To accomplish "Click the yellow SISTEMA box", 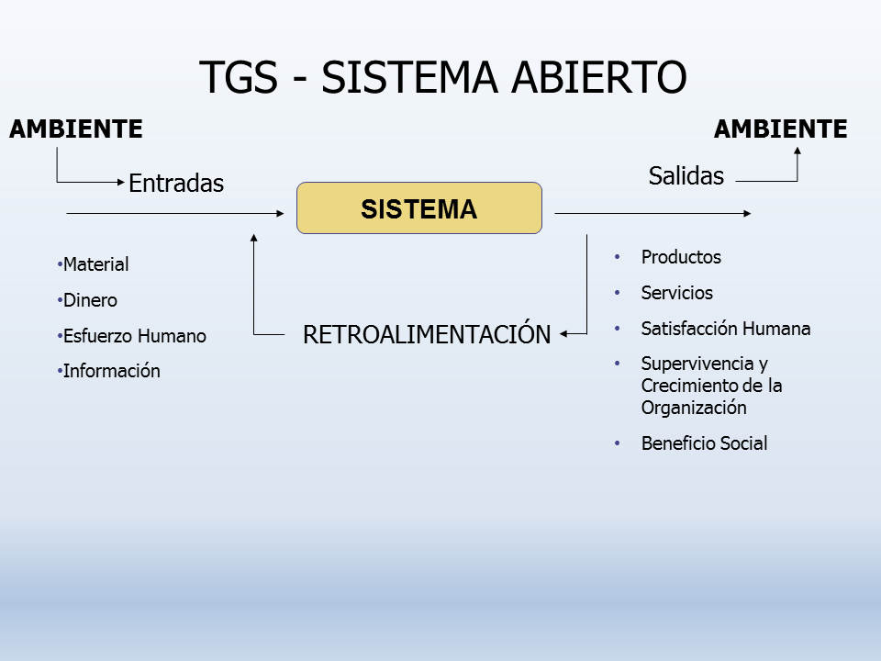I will coord(418,208).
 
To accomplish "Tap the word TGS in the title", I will coord(238,78).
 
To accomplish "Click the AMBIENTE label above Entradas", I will coord(76,129).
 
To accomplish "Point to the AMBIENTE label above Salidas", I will coord(780,129).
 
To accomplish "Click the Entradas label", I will coord(176,184).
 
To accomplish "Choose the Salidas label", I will coord(686,176).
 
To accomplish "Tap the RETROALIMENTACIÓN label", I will coord(427,335).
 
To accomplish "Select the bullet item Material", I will coord(95,264).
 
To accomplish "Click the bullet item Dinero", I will coord(90,300).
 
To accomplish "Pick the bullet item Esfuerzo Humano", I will coord(134,336).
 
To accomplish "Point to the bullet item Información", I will coord(111,371).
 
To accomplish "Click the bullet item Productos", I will coord(681,257).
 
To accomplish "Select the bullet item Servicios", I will coord(677,293).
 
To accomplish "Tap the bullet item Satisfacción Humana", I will coord(725,329).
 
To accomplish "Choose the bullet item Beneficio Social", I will coord(704,443).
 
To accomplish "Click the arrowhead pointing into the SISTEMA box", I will coord(280,214).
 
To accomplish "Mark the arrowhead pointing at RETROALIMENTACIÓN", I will coord(564,334).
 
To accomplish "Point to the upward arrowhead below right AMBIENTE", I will coord(797,151).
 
